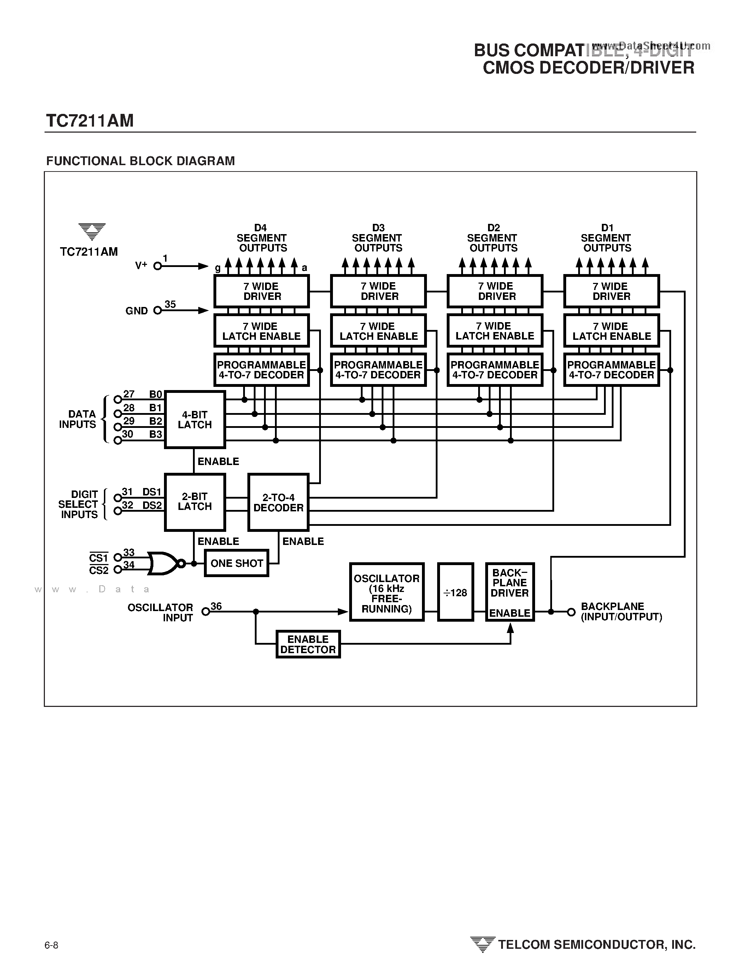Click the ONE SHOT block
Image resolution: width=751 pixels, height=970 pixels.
coord(236,563)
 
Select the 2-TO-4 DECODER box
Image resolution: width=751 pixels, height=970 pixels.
coord(278,502)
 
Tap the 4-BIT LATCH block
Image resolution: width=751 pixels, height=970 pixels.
coord(194,419)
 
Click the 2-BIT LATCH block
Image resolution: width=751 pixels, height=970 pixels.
coord(194,501)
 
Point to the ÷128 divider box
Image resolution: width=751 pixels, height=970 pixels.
coord(456,592)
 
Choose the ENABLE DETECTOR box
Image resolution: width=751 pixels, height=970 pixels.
coord(308,644)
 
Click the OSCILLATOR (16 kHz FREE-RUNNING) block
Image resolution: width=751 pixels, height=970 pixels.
coord(387,592)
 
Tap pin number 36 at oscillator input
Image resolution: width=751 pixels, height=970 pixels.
coord(216,606)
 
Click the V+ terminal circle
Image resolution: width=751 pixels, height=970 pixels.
coord(157,266)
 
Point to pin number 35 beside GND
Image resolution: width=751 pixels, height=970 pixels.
coord(170,304)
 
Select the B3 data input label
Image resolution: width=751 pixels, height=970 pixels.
coord(156,434)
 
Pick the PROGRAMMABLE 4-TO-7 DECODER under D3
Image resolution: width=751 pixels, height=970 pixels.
coord(378,370)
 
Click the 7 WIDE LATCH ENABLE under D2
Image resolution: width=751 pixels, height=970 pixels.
coord(494,331)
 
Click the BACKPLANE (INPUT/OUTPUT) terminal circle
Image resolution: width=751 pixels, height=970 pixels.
coord(571,612)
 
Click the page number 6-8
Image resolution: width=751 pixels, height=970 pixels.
coord(52,945)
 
